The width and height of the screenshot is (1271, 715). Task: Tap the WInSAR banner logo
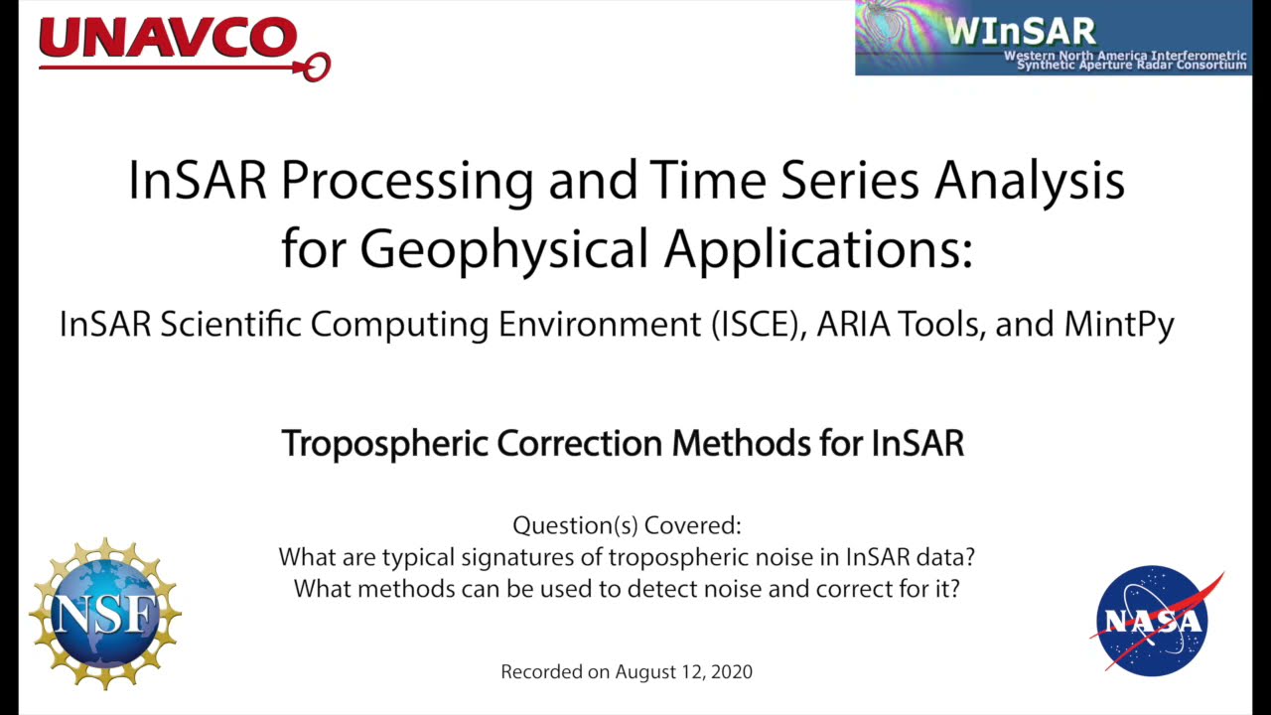pos(1053,38)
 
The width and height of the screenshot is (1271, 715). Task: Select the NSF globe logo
pos(104,614)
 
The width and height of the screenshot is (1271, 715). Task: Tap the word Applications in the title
pos(817,248)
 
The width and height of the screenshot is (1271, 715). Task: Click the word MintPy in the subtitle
pos(1119,325)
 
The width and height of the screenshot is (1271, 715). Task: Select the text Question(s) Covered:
pos(627,525)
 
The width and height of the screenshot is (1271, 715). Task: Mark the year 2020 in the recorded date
pos(732,671)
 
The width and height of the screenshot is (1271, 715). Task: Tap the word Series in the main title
pos(844,182)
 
